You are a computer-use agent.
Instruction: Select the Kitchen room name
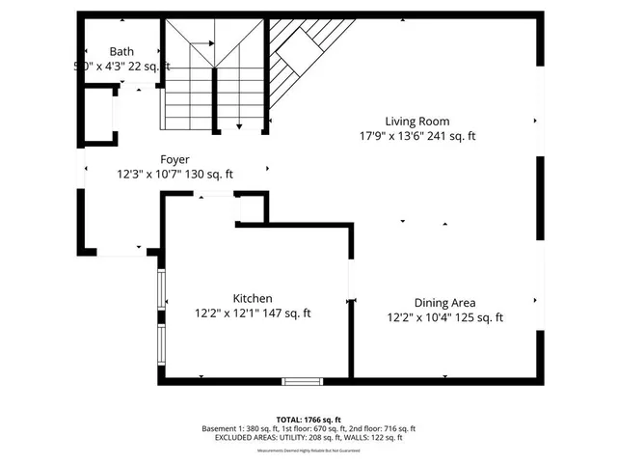point(252,299)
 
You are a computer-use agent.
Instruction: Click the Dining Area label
point(444,303)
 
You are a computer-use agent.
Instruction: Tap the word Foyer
point(174,159)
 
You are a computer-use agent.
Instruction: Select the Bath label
point(121,52)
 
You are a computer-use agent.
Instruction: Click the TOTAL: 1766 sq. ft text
point(308,420)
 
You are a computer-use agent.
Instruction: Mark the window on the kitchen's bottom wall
point(302,381)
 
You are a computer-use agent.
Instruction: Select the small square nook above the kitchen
point(251,207)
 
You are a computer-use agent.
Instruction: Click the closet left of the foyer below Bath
point(97,116)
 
